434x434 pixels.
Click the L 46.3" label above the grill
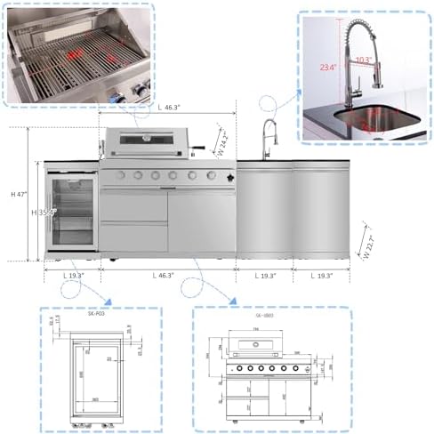tap(170, 108)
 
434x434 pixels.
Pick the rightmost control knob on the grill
tap(211, 176)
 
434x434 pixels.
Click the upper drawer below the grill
tap(133, 207)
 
